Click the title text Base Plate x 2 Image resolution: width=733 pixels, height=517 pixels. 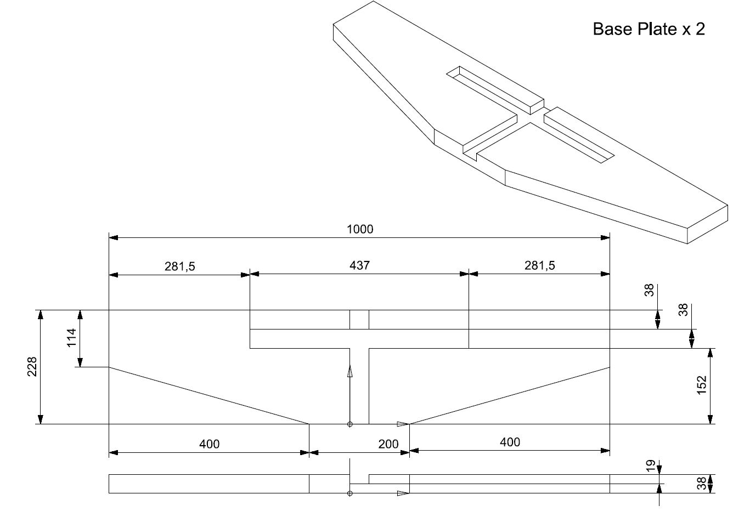click(649, 29)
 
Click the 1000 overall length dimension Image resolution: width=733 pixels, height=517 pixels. click(360, 229)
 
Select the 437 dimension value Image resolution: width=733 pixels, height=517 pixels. click(360, 265)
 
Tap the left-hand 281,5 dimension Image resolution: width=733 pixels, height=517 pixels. click(180, 266)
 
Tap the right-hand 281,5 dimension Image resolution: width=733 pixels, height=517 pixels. click(540, 265)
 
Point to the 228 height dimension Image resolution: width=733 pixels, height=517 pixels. click(32, 367)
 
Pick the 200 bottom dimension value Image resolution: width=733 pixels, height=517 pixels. click(388, 444)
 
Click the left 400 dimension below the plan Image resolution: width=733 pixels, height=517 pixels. click(209, 444)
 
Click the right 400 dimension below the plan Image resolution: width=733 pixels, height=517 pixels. click(510, 442)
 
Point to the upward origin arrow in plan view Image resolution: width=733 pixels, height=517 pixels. click(350, 372)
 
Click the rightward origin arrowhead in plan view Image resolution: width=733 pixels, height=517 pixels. click(403, 424)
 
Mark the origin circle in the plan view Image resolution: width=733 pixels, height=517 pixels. click(350, 424)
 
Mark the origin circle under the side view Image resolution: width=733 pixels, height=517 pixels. click(350, 493)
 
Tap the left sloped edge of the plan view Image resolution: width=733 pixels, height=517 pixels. click(209, 395)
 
